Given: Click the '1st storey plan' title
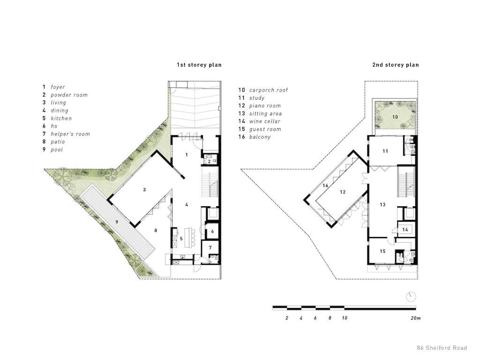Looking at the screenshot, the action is [199, 65].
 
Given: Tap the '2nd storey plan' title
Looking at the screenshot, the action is [396, 65].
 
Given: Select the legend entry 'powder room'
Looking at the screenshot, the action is [69, 95].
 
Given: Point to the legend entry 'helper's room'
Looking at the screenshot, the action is [70, 134].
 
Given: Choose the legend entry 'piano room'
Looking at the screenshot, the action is [265, 105].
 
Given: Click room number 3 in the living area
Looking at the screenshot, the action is [144, 190].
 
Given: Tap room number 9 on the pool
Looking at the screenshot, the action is [117, 222].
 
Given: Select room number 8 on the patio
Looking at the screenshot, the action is [156, 230].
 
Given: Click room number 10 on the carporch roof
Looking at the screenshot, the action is [395, 117].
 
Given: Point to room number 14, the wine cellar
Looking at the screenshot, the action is [405, 230].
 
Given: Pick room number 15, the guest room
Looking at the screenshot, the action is [382, 251].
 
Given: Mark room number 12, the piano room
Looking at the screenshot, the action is [343, 192].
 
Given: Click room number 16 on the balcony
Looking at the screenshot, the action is [325, 186].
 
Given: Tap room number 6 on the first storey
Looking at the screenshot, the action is [212, 232].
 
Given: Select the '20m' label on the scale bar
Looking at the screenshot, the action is [416, 318].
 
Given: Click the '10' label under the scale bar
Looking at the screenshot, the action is [345, 318].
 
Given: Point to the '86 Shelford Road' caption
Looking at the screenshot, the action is [442, 348].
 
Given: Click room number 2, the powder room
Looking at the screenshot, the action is [210, 162].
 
